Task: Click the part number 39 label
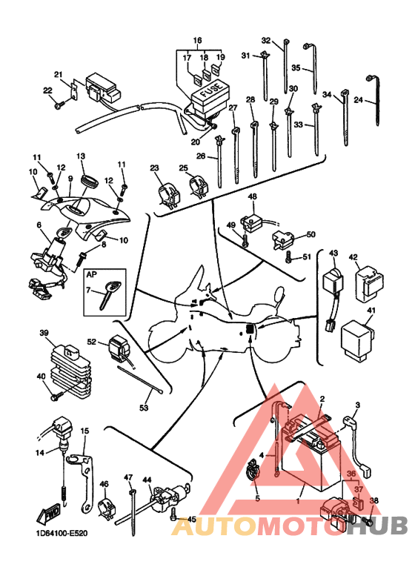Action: [x=44, y=333]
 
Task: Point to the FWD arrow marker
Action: [x=47, y=515]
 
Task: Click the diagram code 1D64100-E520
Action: [x=62, y=534]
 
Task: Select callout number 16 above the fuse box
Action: [x=198, y=40]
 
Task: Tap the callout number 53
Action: [x=144, y=407]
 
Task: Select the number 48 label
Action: [x=253, y=196]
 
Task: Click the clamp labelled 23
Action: [x=168, y=195]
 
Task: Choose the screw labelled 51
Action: [x=289, y=257]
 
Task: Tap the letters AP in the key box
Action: [x=92, y=274]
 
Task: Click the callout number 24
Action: [x=359, y=99]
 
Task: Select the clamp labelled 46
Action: [x=107, y=507]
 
